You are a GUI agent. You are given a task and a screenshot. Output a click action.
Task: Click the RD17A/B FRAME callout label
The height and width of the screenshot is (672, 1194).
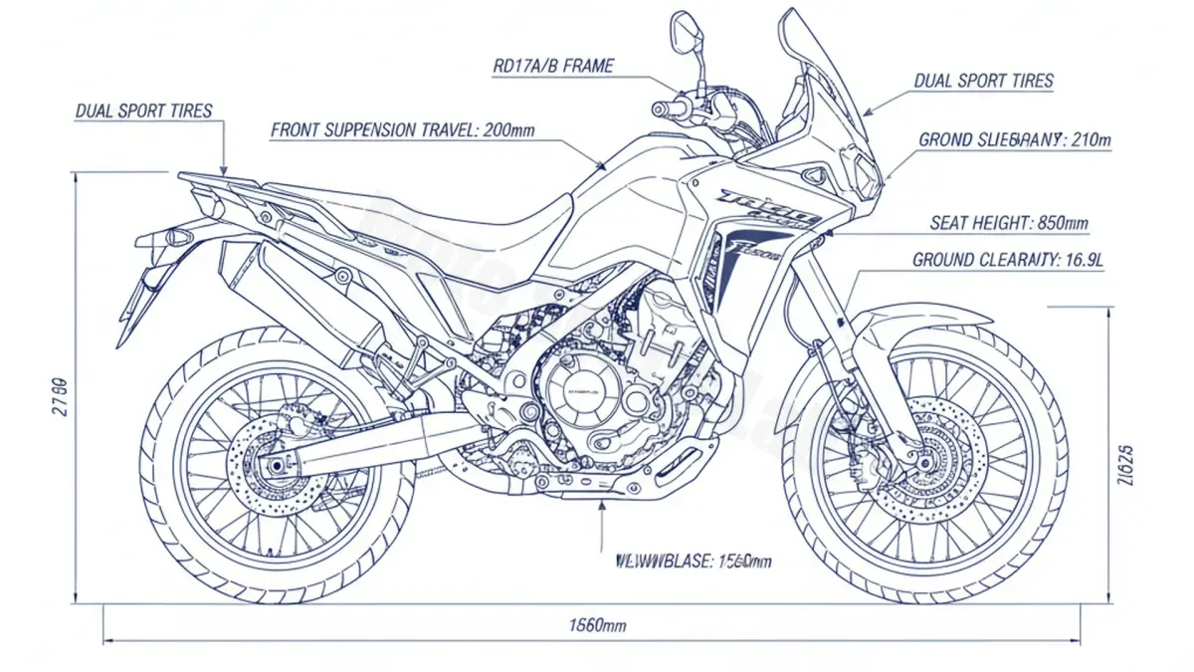(554, 67)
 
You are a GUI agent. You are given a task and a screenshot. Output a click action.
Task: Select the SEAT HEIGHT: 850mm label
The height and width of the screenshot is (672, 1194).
(1009, 223)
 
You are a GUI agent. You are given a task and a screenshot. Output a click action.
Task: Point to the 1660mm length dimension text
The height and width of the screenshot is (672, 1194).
(598, 625)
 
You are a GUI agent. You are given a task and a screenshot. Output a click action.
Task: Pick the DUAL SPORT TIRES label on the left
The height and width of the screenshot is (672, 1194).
(144, 111)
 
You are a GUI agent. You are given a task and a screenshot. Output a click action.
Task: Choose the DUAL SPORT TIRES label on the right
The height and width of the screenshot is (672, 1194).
(983, 82)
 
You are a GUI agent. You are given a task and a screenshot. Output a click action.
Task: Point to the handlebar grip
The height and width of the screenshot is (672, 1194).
(665, 108)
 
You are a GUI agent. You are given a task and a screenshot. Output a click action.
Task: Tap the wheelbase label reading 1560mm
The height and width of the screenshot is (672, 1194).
(694, 561)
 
